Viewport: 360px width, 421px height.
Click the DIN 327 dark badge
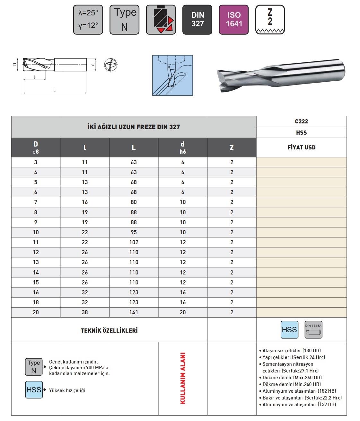197,20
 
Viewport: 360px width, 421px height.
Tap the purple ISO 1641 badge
234,20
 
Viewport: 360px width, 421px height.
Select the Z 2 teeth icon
270,20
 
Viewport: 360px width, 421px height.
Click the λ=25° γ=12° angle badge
88,20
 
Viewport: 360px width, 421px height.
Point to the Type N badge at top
125,20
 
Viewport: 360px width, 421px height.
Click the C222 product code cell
301,121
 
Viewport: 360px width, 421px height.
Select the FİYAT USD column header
301,148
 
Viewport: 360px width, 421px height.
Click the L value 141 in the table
134,312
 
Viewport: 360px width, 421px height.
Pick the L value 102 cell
134,242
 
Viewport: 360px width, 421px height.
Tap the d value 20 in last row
183,312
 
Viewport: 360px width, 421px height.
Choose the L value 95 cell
134,232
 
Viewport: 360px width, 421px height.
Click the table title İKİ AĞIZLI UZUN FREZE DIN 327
134,127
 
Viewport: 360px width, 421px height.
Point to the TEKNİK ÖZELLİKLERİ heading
109,330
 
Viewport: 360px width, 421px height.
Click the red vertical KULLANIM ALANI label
183,378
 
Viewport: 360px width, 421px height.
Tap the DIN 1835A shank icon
313,330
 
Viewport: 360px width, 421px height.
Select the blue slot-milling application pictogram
172,76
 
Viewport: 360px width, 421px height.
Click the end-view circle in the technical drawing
111,65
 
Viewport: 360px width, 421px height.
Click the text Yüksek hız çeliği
67,390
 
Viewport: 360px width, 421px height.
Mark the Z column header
232,148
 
